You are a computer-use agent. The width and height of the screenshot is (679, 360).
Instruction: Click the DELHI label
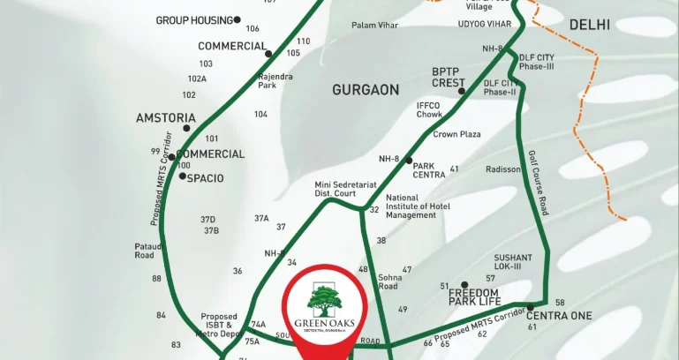(590, 25)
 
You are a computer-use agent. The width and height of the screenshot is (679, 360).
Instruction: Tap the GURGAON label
(366, 90)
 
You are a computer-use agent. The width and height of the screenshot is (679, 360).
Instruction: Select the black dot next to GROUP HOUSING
(238, 19)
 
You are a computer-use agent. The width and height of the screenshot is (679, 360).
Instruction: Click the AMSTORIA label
(165, 117)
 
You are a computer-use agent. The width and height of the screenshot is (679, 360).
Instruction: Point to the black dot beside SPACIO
(182, 176)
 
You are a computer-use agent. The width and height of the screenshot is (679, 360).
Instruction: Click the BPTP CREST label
(448, 77)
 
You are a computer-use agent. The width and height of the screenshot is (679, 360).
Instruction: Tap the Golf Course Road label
(539, 183)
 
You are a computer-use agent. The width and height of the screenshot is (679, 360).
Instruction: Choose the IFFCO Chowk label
(429, 109)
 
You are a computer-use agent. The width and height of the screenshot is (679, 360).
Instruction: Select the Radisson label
(503, 169)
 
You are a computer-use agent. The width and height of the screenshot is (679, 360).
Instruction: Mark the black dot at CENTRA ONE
(530, 307)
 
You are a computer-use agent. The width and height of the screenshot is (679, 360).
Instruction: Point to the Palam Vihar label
(375, 25)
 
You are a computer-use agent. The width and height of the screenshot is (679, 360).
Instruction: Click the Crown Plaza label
(456, 134)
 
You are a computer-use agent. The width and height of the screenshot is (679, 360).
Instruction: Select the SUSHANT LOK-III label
(513, 262)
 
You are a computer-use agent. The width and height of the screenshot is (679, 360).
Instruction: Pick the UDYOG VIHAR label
(485, 25)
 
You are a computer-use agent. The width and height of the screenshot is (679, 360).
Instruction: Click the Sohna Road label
(389, 281)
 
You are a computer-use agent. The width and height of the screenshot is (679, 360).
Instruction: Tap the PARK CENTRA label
(429, 169)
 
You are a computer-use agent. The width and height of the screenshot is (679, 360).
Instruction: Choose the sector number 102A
(196, 79)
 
